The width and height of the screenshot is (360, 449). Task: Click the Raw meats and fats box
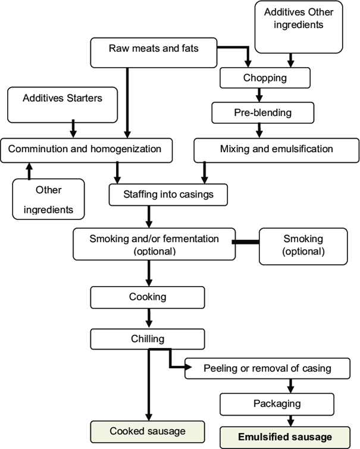[x=153, y=52]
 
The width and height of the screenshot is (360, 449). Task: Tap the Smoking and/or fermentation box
[x=154, y=244]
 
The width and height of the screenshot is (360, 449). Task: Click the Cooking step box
[x=147, y=296]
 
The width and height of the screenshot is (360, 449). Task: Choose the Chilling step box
[x=147, y=339]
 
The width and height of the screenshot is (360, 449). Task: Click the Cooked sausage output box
[x=147, y=431]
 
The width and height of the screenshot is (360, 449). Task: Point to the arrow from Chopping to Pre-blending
[x=258, y=94]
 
